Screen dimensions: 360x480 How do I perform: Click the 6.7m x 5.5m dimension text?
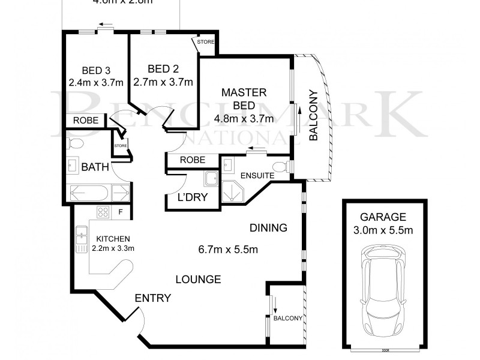[229, 249]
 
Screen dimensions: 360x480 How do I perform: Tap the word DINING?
[268, 228]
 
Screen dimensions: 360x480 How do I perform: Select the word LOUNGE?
[199, 279]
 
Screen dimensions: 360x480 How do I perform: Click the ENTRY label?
[153, 298]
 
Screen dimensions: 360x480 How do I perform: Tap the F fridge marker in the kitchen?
[121, 211]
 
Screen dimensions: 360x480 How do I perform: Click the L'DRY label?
[188, 199]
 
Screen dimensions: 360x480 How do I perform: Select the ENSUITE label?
[257, 176]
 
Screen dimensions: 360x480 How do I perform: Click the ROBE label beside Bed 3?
[85, 120]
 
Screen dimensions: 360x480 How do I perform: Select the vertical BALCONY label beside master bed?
[313, 115]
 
